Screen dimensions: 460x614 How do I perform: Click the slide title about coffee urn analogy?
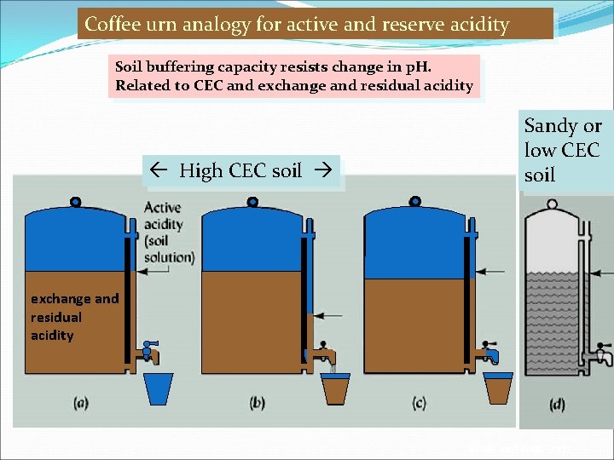[x=316, y=24]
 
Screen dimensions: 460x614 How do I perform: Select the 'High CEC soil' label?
[x=241, y=170]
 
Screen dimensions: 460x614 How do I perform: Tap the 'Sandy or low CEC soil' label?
[x=563, y=150]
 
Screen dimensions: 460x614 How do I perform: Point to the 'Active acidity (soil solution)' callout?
[x=169, y=233]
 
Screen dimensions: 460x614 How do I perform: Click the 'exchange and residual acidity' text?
[x=74, y=317]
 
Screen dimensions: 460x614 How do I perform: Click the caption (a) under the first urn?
[x=82, y=403]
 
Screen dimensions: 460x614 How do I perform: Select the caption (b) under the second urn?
[x=258, y=403]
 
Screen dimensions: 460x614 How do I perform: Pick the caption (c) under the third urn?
[x=419, y=403]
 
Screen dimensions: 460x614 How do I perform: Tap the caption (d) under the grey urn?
[x=557, y=405]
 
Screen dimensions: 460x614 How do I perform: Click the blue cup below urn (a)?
[x=159, y=388]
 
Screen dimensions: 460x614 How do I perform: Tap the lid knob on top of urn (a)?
[x=75, y=203]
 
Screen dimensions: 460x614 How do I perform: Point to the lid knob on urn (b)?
[x=252, y=203]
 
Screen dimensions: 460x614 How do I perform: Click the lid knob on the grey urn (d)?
[x=552, y=204]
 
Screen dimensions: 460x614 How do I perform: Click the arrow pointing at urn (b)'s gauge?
[x=329, y=315]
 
